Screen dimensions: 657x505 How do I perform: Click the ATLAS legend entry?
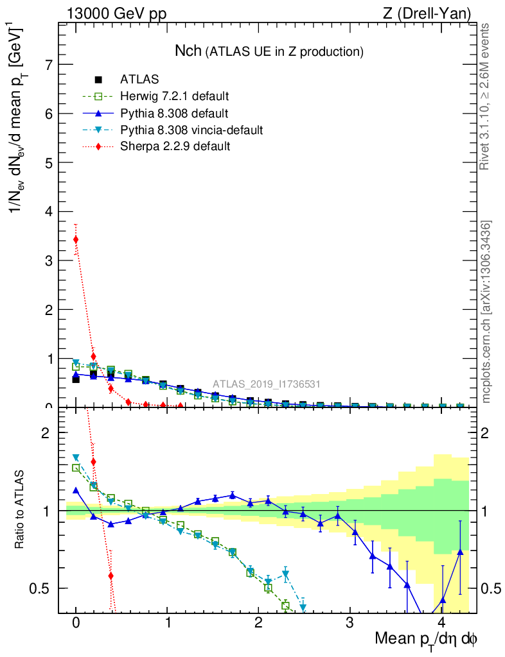click(x=139, y=80)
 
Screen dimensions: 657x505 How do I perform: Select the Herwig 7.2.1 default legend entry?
click(x=174, y=96)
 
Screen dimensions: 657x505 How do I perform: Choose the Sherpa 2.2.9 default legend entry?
click(x=175, y=146)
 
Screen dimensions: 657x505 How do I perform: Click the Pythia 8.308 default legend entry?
click(x=173, y=114)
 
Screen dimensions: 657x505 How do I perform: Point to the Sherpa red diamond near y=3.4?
click(x=76, y=239)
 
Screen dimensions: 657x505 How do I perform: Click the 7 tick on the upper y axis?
click(x=49, y=65)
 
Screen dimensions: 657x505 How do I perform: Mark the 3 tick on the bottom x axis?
click(x=350, y=622)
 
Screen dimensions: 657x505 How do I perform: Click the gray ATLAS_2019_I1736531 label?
click(x=267, y=384)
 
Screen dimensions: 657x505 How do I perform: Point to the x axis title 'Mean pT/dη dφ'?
click(x=426, y=639)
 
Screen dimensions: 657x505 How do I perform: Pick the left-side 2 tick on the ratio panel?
click(x=49, y=432)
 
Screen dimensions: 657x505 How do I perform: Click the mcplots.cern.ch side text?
click(x=486, y=312)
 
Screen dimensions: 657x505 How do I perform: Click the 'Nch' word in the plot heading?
click(x=188, y=51)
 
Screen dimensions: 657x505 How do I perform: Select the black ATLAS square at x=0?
click(x=76, y=379)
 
